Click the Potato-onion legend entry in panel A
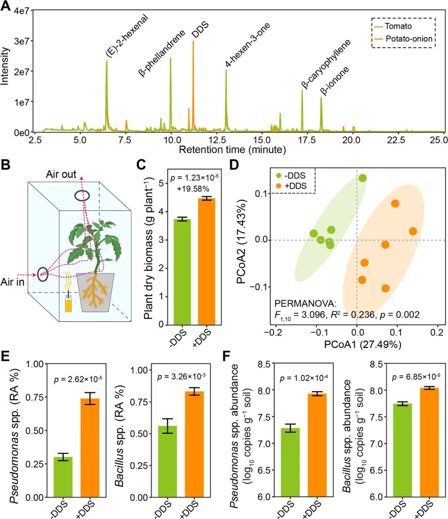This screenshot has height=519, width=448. click(408, 39)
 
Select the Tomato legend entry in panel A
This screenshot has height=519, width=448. click(397, 27)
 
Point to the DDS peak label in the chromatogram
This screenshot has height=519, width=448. click(200, 30)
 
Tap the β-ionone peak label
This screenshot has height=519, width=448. click(335, 81)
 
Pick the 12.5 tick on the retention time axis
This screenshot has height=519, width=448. click(217, 140)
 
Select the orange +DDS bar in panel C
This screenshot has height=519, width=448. click(207, 262)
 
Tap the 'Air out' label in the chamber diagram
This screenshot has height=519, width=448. click(61, 174)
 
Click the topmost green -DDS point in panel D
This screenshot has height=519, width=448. click(363, 178)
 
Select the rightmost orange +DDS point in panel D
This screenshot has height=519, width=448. click(413, 231)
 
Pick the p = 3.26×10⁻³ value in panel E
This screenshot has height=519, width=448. click(182, 377)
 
